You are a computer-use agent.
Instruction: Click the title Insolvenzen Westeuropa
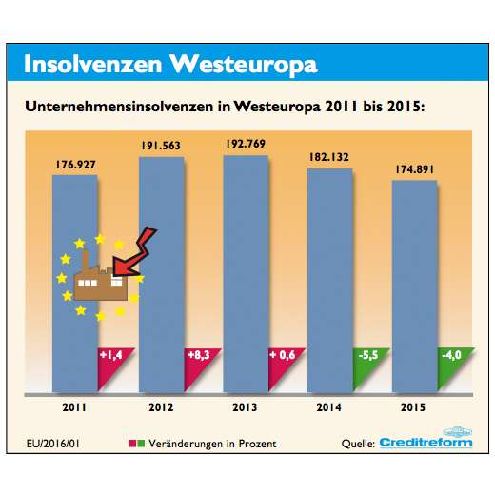168,64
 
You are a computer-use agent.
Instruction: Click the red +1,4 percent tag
112,359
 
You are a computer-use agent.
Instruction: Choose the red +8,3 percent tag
198,359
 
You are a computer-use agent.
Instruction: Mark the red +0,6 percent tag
283,359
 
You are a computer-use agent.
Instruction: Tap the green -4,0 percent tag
451,359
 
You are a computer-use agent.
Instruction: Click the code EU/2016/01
54,443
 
